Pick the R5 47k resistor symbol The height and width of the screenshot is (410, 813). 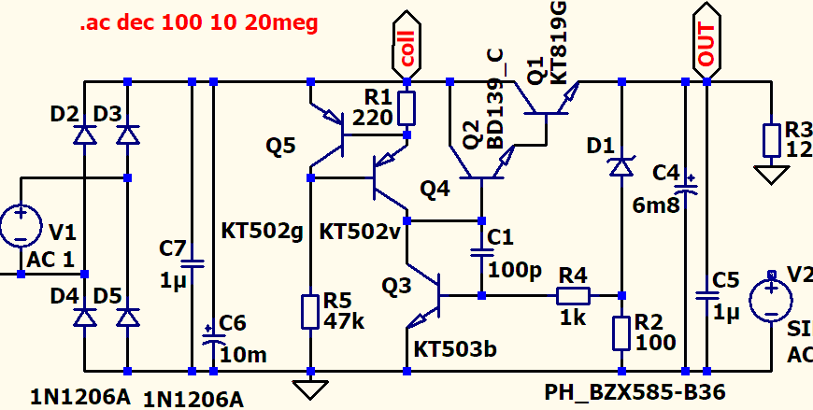click(308, 311)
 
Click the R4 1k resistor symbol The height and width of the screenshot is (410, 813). click(573, 296)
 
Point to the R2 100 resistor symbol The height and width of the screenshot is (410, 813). click(621, 332)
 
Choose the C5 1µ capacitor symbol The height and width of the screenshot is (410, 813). click(706, 296)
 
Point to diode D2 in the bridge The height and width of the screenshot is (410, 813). click(85, 135)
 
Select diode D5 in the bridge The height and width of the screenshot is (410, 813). click(126, 318)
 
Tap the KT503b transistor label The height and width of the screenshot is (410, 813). click(455, 349)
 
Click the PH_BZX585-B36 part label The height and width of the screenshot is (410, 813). click(635, 389)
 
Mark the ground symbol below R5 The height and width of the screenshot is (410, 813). click(308, 386)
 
